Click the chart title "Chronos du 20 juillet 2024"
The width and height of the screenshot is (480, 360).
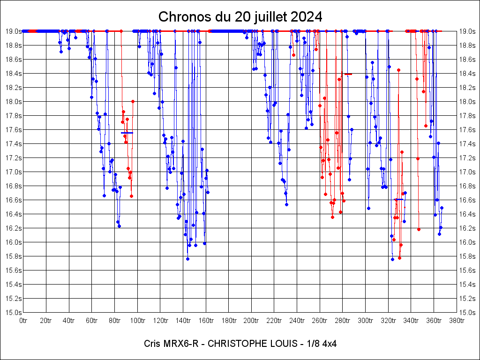click(240, 17)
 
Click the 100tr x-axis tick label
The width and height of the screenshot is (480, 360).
click(137, 321)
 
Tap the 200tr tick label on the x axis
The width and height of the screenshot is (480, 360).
click(251, 321)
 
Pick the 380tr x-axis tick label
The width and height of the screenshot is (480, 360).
click(457, 321)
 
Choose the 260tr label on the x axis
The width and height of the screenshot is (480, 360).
click(320, 321)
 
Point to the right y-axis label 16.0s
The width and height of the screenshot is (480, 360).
click(467, 242)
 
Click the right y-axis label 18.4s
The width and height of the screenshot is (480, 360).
click(467, 74)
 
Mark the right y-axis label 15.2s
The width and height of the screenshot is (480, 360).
click(467, 298)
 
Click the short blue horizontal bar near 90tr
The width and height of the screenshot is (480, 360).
click(127, 133)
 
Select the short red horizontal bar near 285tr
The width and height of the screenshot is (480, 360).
click(348, 74)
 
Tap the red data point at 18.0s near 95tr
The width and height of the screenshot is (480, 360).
click(133, 101)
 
